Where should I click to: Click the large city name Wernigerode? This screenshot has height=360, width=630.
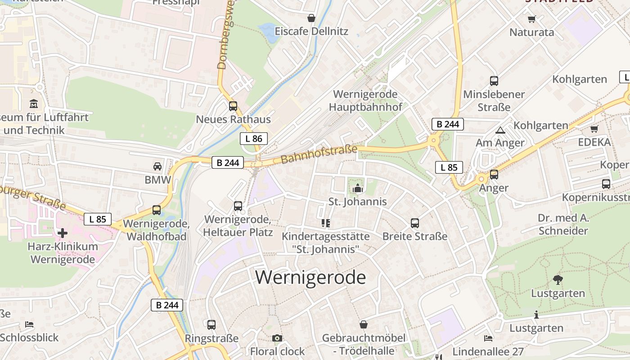coord(310,277)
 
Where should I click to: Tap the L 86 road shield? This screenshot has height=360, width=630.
coord(254,139)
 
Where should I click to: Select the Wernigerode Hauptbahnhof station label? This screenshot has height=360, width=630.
coord(365,100)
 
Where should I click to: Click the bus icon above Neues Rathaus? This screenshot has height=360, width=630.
coord(233,106)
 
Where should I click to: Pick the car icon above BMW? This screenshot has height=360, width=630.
coord(157,166)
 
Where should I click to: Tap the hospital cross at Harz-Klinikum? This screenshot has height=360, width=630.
coord(63,233)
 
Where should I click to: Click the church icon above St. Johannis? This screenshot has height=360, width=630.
coord(358,188)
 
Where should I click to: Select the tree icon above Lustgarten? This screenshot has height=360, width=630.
coord(558,280)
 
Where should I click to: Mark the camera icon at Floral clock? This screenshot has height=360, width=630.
coord(277,338)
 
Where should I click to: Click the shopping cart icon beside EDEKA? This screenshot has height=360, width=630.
coord(594,129)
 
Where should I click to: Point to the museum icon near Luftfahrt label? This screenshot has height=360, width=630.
coord(34,104)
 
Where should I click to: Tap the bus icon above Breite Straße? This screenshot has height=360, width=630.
coord(415,223)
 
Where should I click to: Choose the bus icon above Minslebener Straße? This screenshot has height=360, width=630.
coord(494,81)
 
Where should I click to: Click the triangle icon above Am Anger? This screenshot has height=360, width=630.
coord(500,130)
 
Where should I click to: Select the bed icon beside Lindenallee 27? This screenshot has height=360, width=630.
coord(488,338)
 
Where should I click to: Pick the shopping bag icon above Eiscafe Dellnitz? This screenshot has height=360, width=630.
coord(311,18)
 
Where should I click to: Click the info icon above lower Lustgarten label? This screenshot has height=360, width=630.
coord(536,315)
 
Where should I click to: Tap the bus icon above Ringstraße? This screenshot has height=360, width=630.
coord(211,325)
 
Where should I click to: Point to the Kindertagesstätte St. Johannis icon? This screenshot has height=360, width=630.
coord(326,223)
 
